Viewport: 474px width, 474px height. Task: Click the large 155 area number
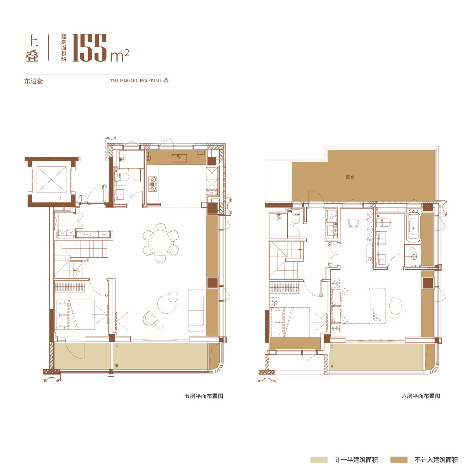tap(89, 48)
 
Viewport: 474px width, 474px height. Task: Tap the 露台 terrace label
tap(350, 177)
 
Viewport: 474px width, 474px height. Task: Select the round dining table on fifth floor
tap(161, 243)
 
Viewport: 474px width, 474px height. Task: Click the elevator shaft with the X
tap(52, 179)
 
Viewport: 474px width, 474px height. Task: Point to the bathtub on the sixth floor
tap(413, 227)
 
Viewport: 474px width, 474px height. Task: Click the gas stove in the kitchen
tap(152, 184)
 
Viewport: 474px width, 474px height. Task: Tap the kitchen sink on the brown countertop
tap(179, 158)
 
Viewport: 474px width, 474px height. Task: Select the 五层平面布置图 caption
tap(204, 396)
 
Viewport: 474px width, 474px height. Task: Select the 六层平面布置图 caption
tap(421, 396)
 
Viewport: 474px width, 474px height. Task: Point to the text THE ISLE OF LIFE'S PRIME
tap(136, 80)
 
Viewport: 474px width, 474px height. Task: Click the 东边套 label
tap(33, 81)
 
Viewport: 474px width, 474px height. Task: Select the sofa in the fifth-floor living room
tap(196, 310)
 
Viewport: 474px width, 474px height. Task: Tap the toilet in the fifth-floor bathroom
tap(123, 177)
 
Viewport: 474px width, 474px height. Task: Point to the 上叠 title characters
tap(32, 48)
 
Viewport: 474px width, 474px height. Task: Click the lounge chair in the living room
tap(150, 318)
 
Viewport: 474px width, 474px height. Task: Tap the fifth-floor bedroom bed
tap(75, 314)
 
